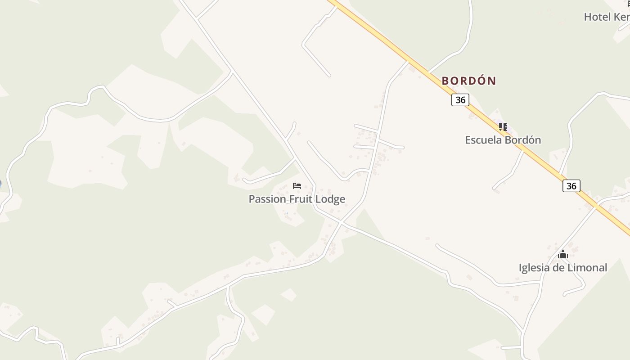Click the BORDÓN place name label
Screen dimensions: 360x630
(469, 81)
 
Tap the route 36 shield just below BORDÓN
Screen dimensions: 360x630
(460, 100)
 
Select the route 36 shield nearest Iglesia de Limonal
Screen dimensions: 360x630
(571, 186)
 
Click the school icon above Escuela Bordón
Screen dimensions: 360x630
(503, 127)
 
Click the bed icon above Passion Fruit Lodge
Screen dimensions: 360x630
(297, 186)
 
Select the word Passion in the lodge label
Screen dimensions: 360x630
(267, 199)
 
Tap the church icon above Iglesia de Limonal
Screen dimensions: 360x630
(563, 255)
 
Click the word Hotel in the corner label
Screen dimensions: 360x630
(597, 17)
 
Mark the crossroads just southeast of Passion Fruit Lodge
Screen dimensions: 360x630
(342, 222)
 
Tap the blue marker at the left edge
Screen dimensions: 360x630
(0, 184)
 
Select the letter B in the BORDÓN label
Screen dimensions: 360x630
(445, 81)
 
